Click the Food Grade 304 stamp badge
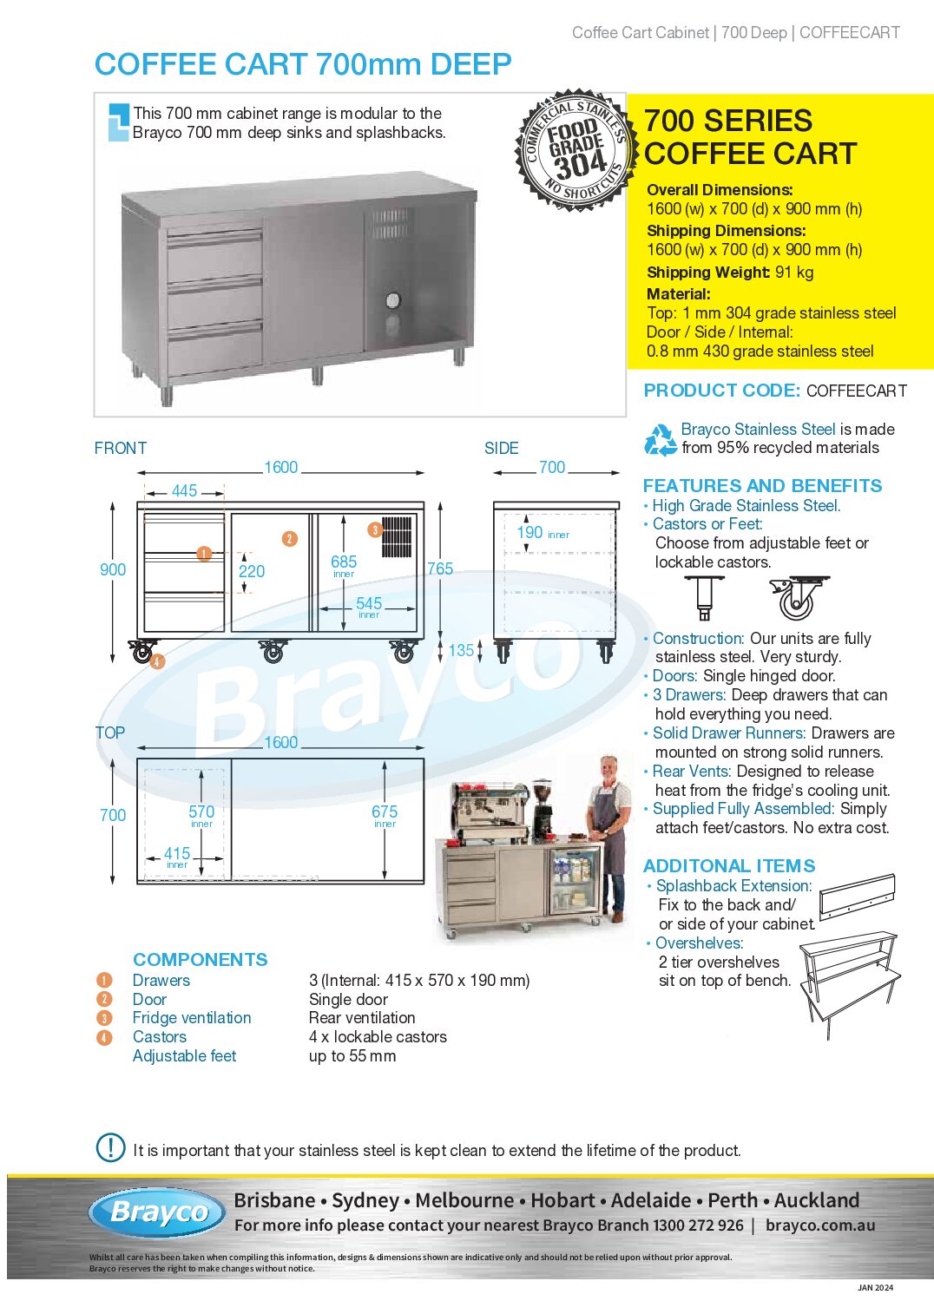576,149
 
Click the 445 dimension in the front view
184,491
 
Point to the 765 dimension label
440,569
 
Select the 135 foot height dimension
461,650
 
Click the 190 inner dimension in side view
529,533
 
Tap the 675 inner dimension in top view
385,812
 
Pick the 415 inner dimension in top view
177,854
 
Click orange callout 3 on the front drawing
375,529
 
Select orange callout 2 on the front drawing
290,539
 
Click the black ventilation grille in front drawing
397,536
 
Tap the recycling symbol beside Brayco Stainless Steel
661,439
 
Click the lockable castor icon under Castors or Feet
797,598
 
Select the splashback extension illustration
857,896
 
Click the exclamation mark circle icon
110,1147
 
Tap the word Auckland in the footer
817,1200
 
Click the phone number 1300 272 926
698,1225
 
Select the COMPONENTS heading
200,960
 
